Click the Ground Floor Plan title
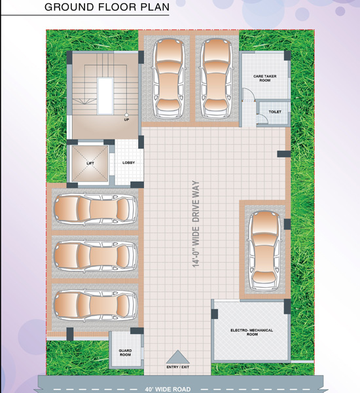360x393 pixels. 107,7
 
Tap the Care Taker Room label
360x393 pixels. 265,78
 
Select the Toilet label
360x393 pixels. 275,112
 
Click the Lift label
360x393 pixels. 90,163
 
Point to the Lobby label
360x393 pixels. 128,162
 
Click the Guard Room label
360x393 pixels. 125,352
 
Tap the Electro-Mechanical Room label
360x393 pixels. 252,332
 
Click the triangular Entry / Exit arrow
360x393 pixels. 178,357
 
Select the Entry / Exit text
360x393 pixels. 178,367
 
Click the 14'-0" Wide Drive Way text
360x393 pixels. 196,224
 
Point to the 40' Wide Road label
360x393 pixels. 168,389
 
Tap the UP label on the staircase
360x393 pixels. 126,120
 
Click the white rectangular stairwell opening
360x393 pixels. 105,96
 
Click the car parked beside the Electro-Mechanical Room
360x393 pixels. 264,250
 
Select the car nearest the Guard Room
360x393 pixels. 96,305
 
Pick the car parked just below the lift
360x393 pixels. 96,208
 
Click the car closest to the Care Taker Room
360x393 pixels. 216,78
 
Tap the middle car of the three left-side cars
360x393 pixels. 96,256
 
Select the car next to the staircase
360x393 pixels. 169,78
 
